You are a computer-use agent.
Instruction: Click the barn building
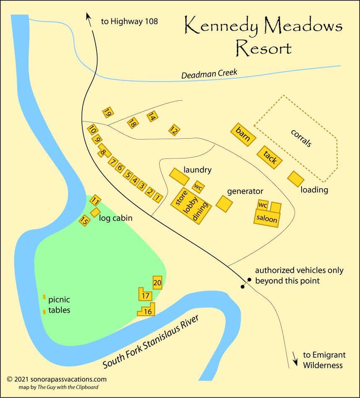tap(243, 134)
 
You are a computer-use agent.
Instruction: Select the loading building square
tap(296, 179)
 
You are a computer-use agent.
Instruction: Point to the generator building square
tap(224, 203)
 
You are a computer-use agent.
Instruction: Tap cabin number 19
tap(108, 112)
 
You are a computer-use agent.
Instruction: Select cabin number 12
tap(174, 130)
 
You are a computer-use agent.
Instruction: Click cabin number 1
tap(158, 197)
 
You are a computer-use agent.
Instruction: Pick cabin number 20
tap(157, 283)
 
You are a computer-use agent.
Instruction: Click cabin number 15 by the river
tap(84, 220)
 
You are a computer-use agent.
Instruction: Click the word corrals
tap(301, 138)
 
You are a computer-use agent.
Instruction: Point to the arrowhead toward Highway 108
tap(89, 16)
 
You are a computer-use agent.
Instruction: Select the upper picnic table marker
tap(44, 297)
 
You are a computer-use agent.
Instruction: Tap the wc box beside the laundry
tap(198, 186)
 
